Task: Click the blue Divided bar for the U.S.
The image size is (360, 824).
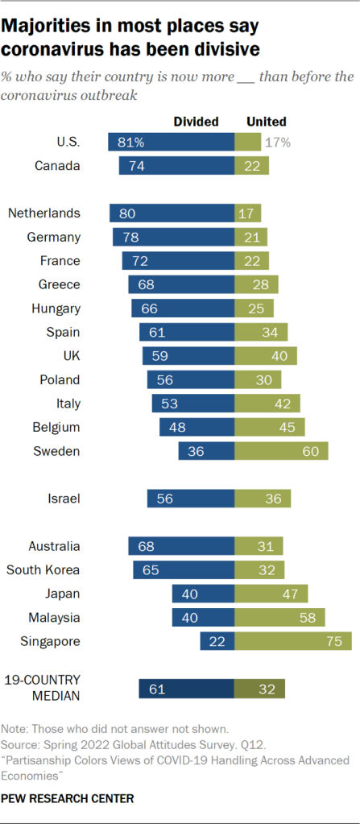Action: [x=171, y=143]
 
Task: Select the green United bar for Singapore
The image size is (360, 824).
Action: [x=293, y=641]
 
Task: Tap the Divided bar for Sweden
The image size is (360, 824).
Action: [x=206, y=451]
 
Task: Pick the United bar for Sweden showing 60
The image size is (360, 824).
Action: [x=281, y=451]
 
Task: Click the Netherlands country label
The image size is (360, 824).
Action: [x=44, y=213]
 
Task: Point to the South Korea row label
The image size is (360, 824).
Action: [x=43, y=569]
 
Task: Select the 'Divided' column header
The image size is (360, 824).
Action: [x=197, y=122]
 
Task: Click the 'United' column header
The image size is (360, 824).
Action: [x=266, y=122]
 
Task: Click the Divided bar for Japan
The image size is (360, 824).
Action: [x=203, y=594]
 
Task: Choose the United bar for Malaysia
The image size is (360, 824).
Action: [x=279, y=618]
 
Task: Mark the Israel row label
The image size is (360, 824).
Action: [x=64, y=499]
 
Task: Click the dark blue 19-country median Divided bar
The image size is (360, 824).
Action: [x=186, y=689]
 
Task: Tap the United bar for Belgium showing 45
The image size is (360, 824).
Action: [x=270, y=427]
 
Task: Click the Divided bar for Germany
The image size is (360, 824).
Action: [x=173, y=237]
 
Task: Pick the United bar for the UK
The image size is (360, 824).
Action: [x=266, y=356]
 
